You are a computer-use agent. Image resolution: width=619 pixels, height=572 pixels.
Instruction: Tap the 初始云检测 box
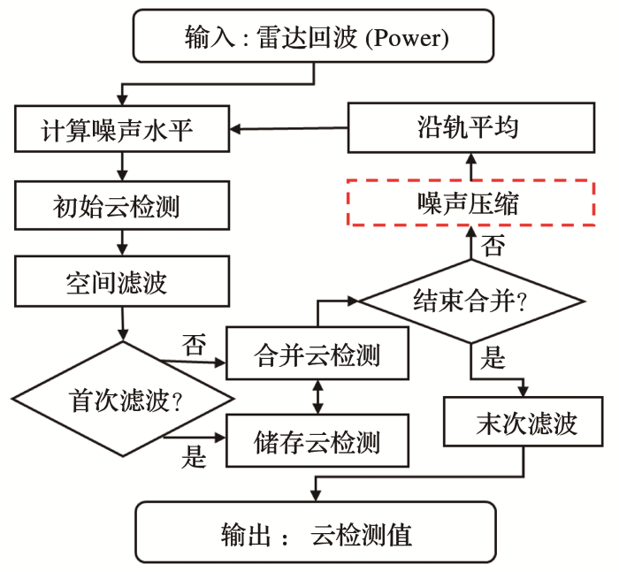tap(123, 206)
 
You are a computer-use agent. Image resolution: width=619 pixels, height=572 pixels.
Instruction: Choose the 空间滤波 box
tap(123, 283)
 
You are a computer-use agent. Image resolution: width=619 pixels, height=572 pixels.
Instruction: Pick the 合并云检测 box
tap(317, 355)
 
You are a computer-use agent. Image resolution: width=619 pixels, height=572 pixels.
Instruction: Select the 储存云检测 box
tap(317, 440)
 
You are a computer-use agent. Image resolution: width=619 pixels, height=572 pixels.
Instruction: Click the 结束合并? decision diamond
tap(470, 301)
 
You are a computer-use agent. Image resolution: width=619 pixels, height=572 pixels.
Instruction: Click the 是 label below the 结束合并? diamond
tap(493, 358)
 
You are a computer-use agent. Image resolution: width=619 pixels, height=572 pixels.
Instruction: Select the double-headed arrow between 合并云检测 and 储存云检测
tap(317, 398)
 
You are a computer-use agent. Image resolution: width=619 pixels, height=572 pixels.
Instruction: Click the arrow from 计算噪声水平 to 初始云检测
tap(123, 168)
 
